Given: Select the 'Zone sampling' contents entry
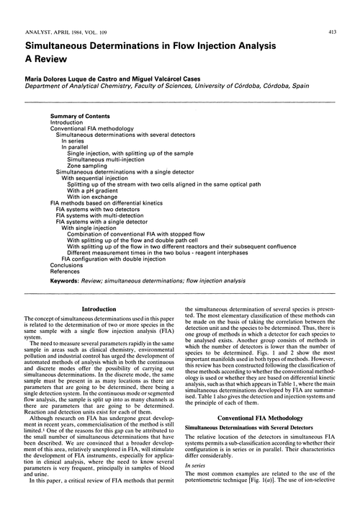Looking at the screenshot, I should tap(89, 164).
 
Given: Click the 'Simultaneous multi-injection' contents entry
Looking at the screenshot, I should tap(108, 158).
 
